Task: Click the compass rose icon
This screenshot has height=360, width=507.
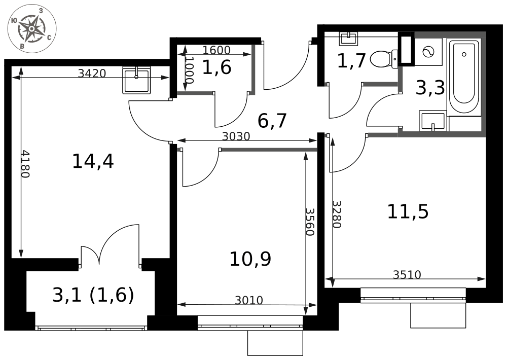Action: [32, 29]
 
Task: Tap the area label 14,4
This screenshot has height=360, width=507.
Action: [93, 161]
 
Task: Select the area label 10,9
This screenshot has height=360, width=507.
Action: [250, 259]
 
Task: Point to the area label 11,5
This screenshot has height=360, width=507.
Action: [408, 212]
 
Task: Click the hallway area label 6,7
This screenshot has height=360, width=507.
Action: [272, 121]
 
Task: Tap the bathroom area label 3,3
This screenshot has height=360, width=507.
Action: [430, 88]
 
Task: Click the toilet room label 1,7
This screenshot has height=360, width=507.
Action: [351, 61]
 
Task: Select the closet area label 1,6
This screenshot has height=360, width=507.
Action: [216, 67]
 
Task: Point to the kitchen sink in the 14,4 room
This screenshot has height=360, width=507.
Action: [136, 80]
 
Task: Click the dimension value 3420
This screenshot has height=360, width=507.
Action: [92, 74]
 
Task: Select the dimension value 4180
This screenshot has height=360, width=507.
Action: [25, 164]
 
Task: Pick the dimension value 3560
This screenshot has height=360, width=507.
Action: [310, 222]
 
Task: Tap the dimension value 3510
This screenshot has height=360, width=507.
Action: [407, 275]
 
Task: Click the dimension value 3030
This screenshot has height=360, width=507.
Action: [236, 136]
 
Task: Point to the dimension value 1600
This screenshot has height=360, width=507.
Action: [216, 50]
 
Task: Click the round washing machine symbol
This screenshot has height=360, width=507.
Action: [428, 52]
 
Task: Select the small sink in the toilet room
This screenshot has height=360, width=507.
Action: [349, 39]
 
